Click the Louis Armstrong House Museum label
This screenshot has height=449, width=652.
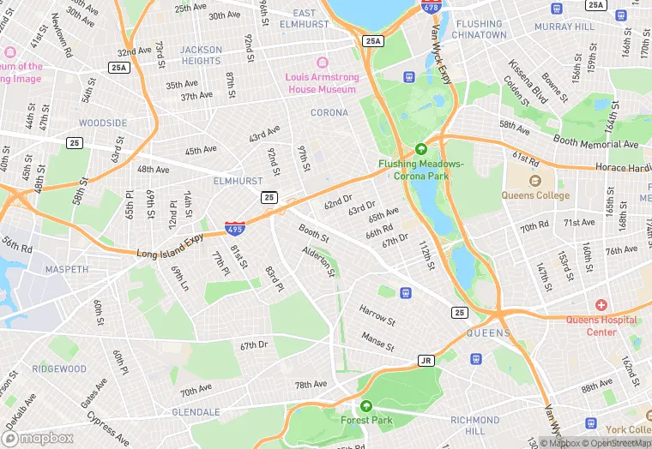tap(320, 83)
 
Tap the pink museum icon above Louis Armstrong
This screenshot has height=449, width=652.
tap(323, 63)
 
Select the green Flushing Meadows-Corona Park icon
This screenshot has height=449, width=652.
tap(421, 148)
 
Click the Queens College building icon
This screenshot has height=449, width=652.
tap(535, 181)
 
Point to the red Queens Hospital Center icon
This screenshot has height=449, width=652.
tap(601, 305)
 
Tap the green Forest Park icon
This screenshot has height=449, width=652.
tap(366, 406)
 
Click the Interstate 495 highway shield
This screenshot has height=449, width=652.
tap(233, 229)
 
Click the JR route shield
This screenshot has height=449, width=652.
tap(426, 360)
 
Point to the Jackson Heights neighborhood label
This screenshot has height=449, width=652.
tap(201, 56)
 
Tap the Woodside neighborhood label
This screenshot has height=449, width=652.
tap(103, 123)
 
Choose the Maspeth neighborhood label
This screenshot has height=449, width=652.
tap(67, 269)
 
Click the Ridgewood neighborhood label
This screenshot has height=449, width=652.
tap(59, 369)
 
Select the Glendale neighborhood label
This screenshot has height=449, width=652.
tap(196, 411)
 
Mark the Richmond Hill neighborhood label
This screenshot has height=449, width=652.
tap(474, 426)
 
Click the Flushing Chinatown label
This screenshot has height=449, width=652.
tap(493, 30)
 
